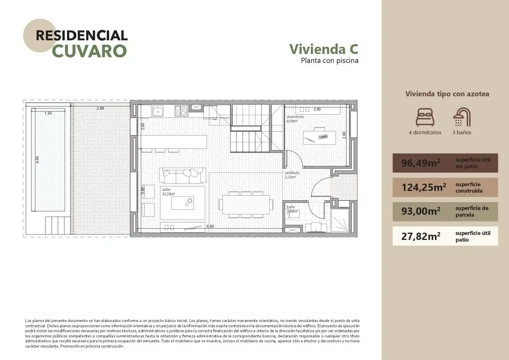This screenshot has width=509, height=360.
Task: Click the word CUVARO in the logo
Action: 89,51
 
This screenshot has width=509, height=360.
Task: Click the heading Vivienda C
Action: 324,49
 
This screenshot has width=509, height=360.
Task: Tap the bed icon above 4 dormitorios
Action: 425,117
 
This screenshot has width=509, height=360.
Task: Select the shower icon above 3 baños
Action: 462,117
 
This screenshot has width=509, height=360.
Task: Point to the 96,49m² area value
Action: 421,163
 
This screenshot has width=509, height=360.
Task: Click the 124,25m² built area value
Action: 424,187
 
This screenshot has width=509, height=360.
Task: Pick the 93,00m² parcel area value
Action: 421,211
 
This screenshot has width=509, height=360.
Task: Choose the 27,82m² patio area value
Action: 421,236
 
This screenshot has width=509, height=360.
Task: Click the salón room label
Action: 166,190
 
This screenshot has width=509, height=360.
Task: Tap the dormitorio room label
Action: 295,117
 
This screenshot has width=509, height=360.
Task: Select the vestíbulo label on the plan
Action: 292,173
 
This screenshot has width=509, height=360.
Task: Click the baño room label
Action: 291,207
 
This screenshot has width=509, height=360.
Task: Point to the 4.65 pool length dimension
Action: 37,159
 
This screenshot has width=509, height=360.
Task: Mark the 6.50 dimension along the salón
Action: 210,226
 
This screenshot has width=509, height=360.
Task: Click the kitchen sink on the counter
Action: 158,111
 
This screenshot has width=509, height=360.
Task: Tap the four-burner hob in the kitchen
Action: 181,111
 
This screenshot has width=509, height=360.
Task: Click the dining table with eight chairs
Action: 246,205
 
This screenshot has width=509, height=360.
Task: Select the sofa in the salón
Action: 183,175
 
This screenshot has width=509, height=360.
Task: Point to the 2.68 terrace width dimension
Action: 100,108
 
